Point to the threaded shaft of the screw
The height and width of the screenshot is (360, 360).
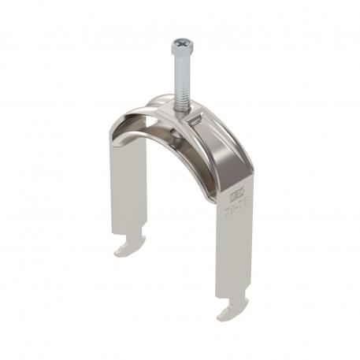click(179, 79)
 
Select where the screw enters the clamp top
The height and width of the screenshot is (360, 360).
click(180, 110)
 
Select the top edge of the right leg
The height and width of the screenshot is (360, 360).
click(233, 181)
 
